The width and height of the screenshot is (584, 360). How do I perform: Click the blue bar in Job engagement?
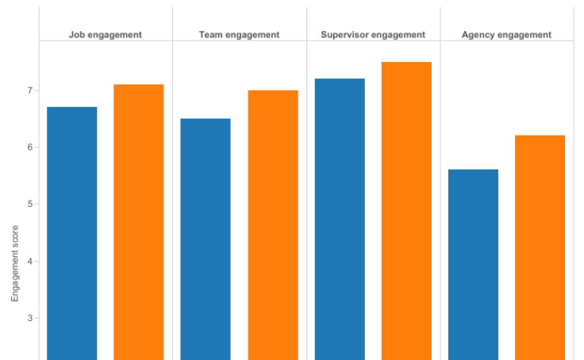click(72, 233)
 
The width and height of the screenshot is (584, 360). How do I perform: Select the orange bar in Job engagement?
click(139, 222)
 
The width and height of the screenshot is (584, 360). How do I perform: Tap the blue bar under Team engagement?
click(206, 239)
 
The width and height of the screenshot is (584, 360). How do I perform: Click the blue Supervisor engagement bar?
click(340, 219)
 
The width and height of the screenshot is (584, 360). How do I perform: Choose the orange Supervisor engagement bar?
click(406, 211)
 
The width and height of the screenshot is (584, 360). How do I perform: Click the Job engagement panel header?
click(106, 35)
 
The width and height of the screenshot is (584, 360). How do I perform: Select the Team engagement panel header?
click(239, 35)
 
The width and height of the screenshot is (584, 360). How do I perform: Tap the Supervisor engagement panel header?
click(373, 35)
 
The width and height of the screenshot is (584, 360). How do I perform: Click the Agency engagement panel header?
click(506, 35)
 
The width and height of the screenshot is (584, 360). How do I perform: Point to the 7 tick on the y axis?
click(29, 90)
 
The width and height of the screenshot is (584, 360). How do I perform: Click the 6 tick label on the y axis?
click(29, 147)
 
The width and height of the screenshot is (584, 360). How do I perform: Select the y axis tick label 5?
click(29, 205)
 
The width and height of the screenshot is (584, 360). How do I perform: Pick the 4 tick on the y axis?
click(29, 262)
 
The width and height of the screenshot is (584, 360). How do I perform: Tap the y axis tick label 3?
click(29, 319)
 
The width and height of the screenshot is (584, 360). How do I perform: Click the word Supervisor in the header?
click(346, 35)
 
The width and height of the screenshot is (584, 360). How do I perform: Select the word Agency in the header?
click(479, 35)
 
